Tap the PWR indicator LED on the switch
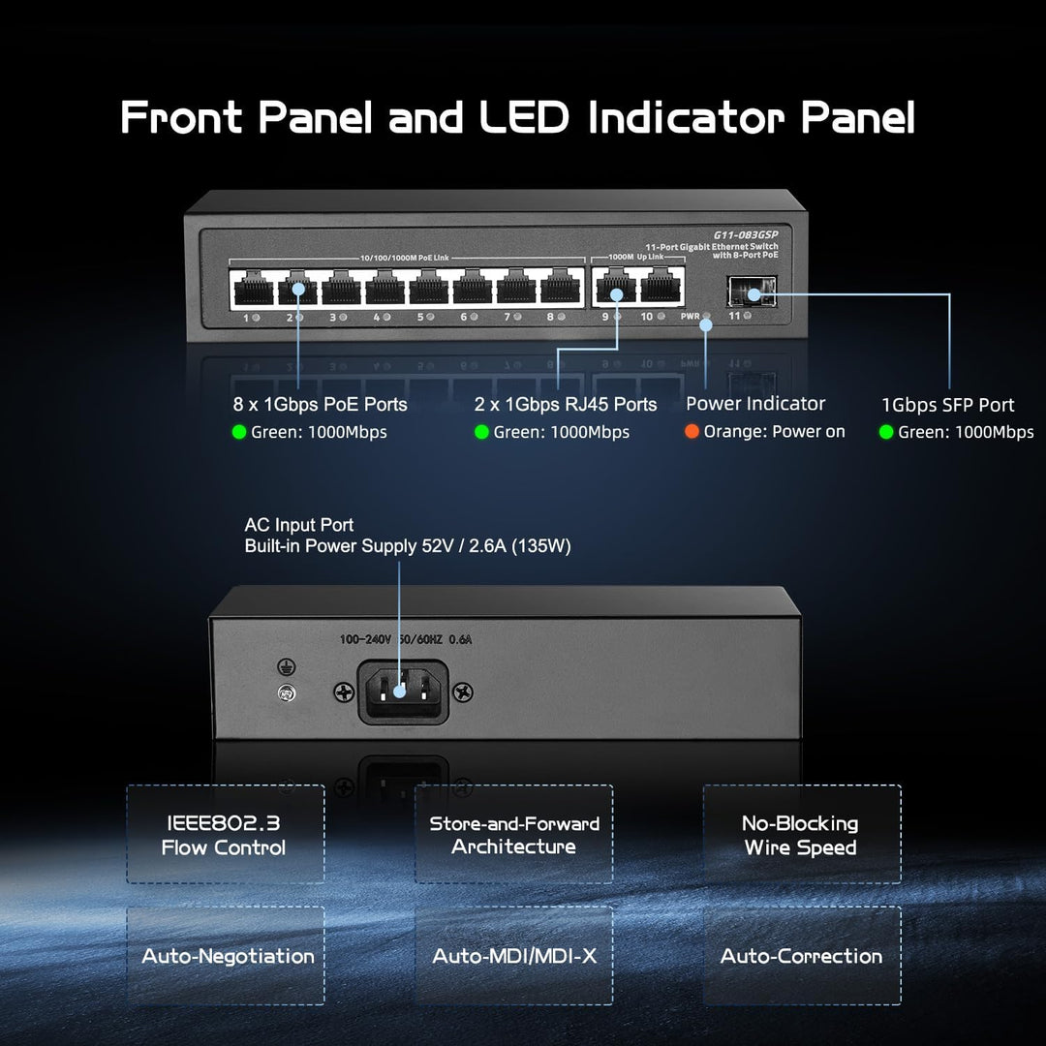tap(706, 317)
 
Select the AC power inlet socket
tap(403, 691)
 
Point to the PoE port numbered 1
tap(252, 287)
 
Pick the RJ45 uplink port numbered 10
tap(662, 287)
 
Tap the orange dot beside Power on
tap(692, 432)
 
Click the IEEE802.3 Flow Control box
tap(225, 835)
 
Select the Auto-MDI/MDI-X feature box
tap(514, 956)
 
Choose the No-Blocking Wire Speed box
tap(801, 835)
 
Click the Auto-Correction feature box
tap(801, 956)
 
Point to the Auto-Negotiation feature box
tap(227, 956)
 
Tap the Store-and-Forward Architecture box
tap(514, 835)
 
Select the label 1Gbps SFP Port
tap(947, 406)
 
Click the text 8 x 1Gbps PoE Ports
tap(320, 405)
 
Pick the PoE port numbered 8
tap(558, 287)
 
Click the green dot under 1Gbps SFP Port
tap(885, 432)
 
